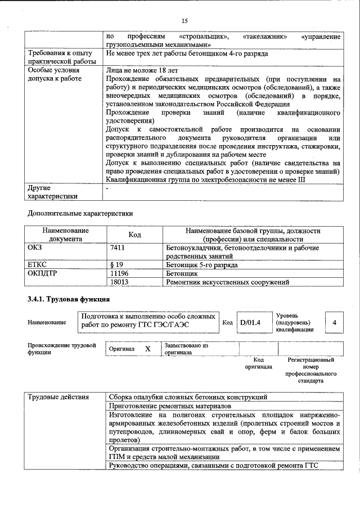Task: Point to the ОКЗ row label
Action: click(35, 247)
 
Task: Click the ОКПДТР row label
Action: click(43, 273)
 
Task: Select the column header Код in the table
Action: click(135, 235)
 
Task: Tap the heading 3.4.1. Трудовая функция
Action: click(68, 299)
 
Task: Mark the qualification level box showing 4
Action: click(334, 322)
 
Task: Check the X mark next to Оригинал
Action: click(148, 349)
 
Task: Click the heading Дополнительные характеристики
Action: click(80, 214)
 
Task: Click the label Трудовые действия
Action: click(58, 397)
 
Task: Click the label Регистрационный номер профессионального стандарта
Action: click(310, 370)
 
